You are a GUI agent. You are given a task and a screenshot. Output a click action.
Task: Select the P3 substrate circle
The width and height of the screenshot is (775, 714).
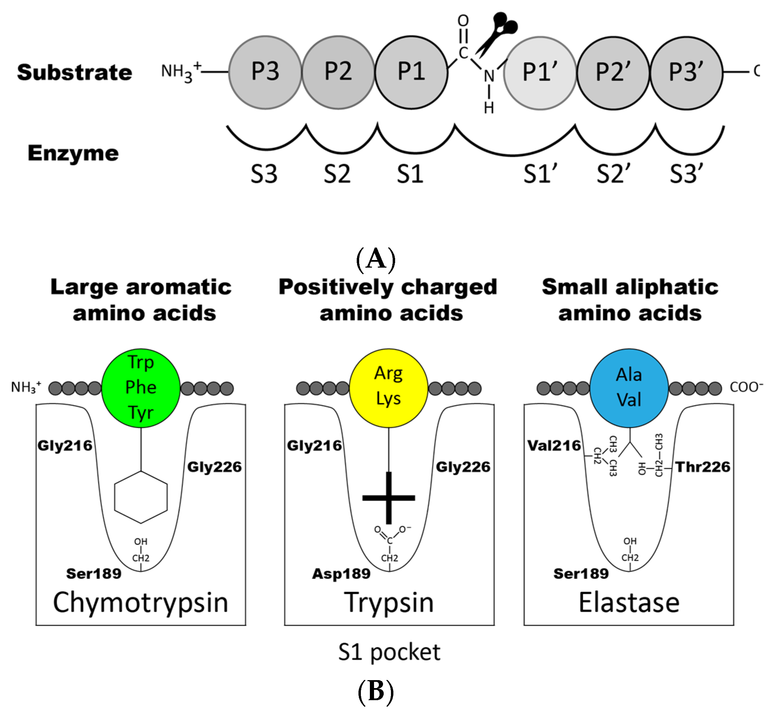(x=265, y=72)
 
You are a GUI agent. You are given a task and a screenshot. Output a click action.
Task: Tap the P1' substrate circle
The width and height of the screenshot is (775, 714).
(x=540, y=73)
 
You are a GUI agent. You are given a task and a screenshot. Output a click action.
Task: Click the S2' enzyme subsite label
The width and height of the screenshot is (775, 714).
(x=614, y=174)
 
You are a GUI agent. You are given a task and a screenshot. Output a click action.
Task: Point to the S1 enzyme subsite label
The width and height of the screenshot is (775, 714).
(x=410, y=174)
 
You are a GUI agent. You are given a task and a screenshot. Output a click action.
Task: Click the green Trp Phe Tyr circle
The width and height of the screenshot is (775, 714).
(x=141, y=388)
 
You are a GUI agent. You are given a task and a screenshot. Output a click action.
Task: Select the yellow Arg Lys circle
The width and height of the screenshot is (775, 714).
(x=389, y=388)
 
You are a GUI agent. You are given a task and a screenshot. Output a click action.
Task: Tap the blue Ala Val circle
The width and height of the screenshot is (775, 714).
(x=629, y=388)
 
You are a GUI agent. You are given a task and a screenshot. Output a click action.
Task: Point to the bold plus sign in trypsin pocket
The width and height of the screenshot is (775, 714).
(x=389, y=498)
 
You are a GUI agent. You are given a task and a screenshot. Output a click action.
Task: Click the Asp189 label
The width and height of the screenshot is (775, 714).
(x=341, y=574)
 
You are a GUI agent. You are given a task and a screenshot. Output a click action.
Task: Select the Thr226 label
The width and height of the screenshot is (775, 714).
(x=703, y=467)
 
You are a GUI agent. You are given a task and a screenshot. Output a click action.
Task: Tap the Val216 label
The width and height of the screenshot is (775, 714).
(x=554, y=445)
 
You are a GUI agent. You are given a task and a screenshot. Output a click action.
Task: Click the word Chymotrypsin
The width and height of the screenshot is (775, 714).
(x=141, y=603)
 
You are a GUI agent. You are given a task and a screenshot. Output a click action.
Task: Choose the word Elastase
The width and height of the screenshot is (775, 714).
(x=629, y=603)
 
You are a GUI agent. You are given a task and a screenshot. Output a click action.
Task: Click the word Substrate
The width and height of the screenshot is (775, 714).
(x=75, y=73)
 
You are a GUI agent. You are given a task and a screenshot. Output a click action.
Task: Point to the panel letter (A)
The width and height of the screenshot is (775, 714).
(x=375, y=259)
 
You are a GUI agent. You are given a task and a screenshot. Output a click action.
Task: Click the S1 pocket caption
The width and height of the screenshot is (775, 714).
(x=389, y=652)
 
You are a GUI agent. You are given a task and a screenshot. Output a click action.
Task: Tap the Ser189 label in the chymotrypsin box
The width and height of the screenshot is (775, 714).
(x=93, y=574)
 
